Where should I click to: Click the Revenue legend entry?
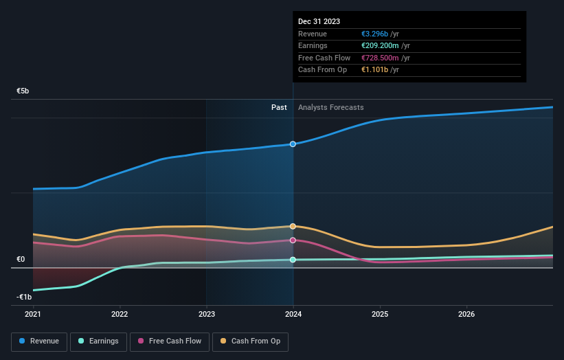[x=39, y=341]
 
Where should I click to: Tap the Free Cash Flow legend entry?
[x=170, y=341]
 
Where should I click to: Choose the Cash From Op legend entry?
[x=251, y=341]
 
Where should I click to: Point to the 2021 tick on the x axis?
[x=33, y=314]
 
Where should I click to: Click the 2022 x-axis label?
[x=120, y=314]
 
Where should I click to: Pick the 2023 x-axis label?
[x=206, y=314]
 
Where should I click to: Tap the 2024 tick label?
[x=293, y=314]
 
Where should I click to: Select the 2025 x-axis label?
[x=380, y=314]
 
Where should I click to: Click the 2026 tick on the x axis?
[x=466, y=314]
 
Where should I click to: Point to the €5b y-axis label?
[x=23, y=91]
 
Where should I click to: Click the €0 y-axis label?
[x=21, y=259]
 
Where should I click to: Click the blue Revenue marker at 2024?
[x=293, y=144]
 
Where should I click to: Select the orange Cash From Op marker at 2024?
[x=293, y=226]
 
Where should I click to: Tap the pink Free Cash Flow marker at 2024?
[x=293, y=240]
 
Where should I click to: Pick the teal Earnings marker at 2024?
[x=293, y=260]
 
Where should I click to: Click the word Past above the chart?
[x=279, y=107]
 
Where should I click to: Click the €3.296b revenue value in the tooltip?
[x=375, y=34]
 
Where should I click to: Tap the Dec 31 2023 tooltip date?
[x=319, y=22]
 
